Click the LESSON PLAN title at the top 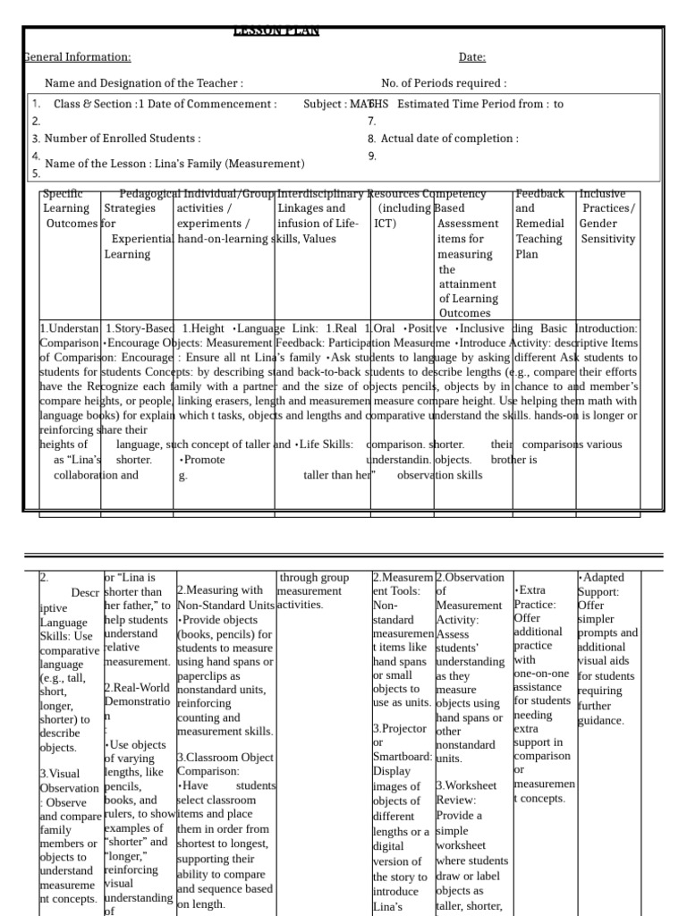tap(276, 31)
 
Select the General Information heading tap(77, 57)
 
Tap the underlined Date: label tap(472, 57)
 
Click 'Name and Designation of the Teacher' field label tap(143, 83)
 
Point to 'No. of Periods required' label tap(444, 83)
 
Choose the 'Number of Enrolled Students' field tap(123, 139)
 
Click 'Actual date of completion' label tap(449, 139)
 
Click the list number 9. tap(371, 156)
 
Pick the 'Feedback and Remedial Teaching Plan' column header tap(539, 224)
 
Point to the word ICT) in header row tap(385, 224)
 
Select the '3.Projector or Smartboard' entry tap(401, 742)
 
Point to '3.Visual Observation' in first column tap(69, 781)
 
